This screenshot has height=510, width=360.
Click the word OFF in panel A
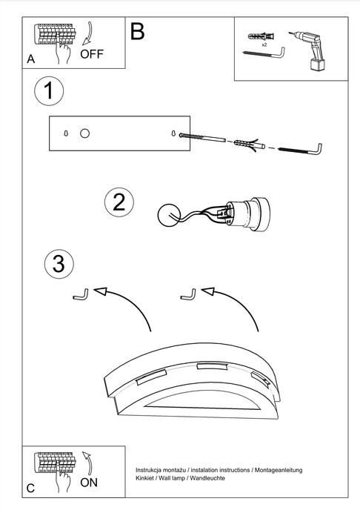(92, 54)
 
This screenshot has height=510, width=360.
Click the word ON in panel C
(89, 482)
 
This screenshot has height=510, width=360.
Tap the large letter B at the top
(138, 31)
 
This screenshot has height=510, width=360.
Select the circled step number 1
(49, 93)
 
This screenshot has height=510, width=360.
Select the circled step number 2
(119, 202)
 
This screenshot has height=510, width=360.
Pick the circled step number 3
(59, 263)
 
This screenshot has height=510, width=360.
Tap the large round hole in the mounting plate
(84, 133)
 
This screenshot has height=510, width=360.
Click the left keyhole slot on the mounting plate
(66, 133)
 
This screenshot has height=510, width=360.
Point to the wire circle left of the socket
(168, 215)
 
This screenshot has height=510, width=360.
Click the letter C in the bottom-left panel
(30, 489)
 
